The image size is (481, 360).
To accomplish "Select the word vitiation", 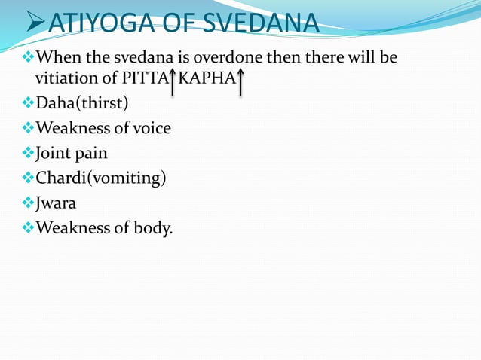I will [65, 77].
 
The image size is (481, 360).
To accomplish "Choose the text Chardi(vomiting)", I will [100, 178].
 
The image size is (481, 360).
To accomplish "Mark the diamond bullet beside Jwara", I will [27, 202].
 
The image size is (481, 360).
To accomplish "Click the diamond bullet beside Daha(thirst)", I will [27, 103].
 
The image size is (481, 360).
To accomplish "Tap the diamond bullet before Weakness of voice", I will [27, 129].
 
